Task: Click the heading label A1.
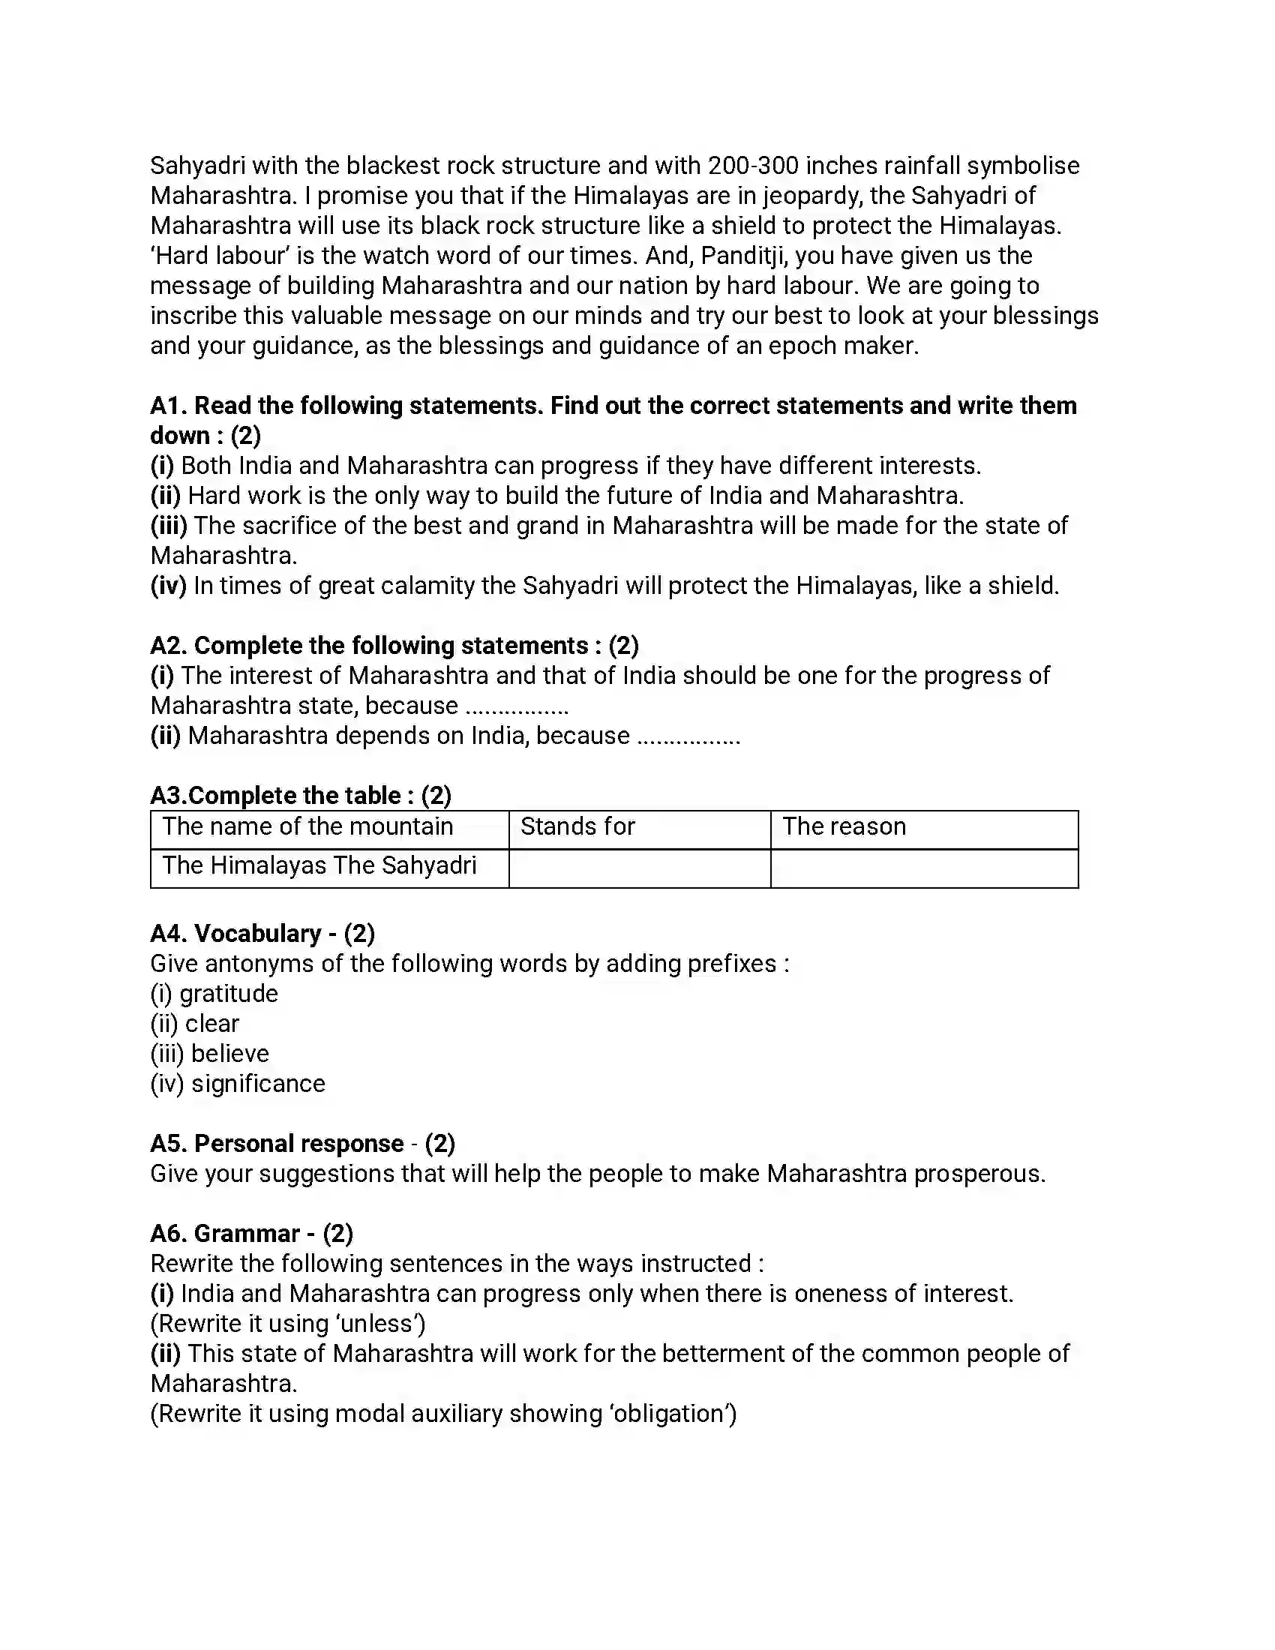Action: [x=168, y=406]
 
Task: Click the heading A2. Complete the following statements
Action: [x=394, y=646]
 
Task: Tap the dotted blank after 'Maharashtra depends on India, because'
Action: [x=688, y=736]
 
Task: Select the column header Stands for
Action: [x=577, y=826]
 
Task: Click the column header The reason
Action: [x=844, y=826]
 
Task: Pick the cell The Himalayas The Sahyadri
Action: [x=319, y=865]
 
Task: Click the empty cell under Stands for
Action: [x=639, y=868]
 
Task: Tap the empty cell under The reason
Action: [x=924, y=868]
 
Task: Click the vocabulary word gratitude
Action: [x=229, y=994]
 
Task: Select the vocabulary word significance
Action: [x=258, y=1084]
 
